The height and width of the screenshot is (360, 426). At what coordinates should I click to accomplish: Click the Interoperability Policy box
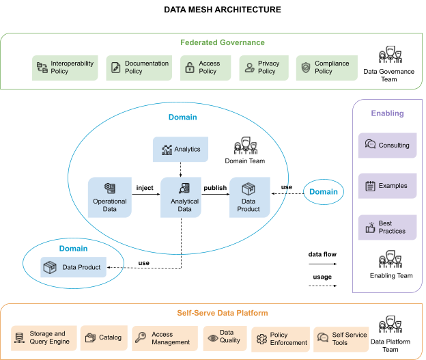tap(65, 68)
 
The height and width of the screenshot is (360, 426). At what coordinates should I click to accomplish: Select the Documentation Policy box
tap(139, 68)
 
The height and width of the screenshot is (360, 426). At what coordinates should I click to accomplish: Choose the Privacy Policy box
tap(264, 68)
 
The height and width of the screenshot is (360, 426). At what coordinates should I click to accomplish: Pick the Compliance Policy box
tap(326, 68)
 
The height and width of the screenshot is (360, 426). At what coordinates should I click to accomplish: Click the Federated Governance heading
tap(222, 42)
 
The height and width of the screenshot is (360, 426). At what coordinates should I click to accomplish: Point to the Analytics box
tap(180, 149)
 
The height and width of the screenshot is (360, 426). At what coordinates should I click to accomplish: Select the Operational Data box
tap(110, 197)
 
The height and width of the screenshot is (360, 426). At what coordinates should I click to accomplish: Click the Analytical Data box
tap(181, 197)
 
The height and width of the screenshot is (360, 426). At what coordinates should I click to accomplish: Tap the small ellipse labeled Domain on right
tap(323, 192)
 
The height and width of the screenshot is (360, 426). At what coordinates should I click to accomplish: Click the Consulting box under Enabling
tap(387, 145)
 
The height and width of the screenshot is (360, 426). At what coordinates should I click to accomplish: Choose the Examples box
tap(387, 186)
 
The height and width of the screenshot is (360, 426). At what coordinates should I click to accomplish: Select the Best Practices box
tap(387, 227)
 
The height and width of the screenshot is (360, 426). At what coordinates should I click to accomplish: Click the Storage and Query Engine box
tap(43, 337)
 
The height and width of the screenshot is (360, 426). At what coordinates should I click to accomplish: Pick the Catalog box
tap(103, 337)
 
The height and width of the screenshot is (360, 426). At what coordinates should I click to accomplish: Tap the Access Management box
tap(165, 337)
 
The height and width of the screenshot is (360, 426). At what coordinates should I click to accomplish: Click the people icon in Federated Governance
tap(390, 55)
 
